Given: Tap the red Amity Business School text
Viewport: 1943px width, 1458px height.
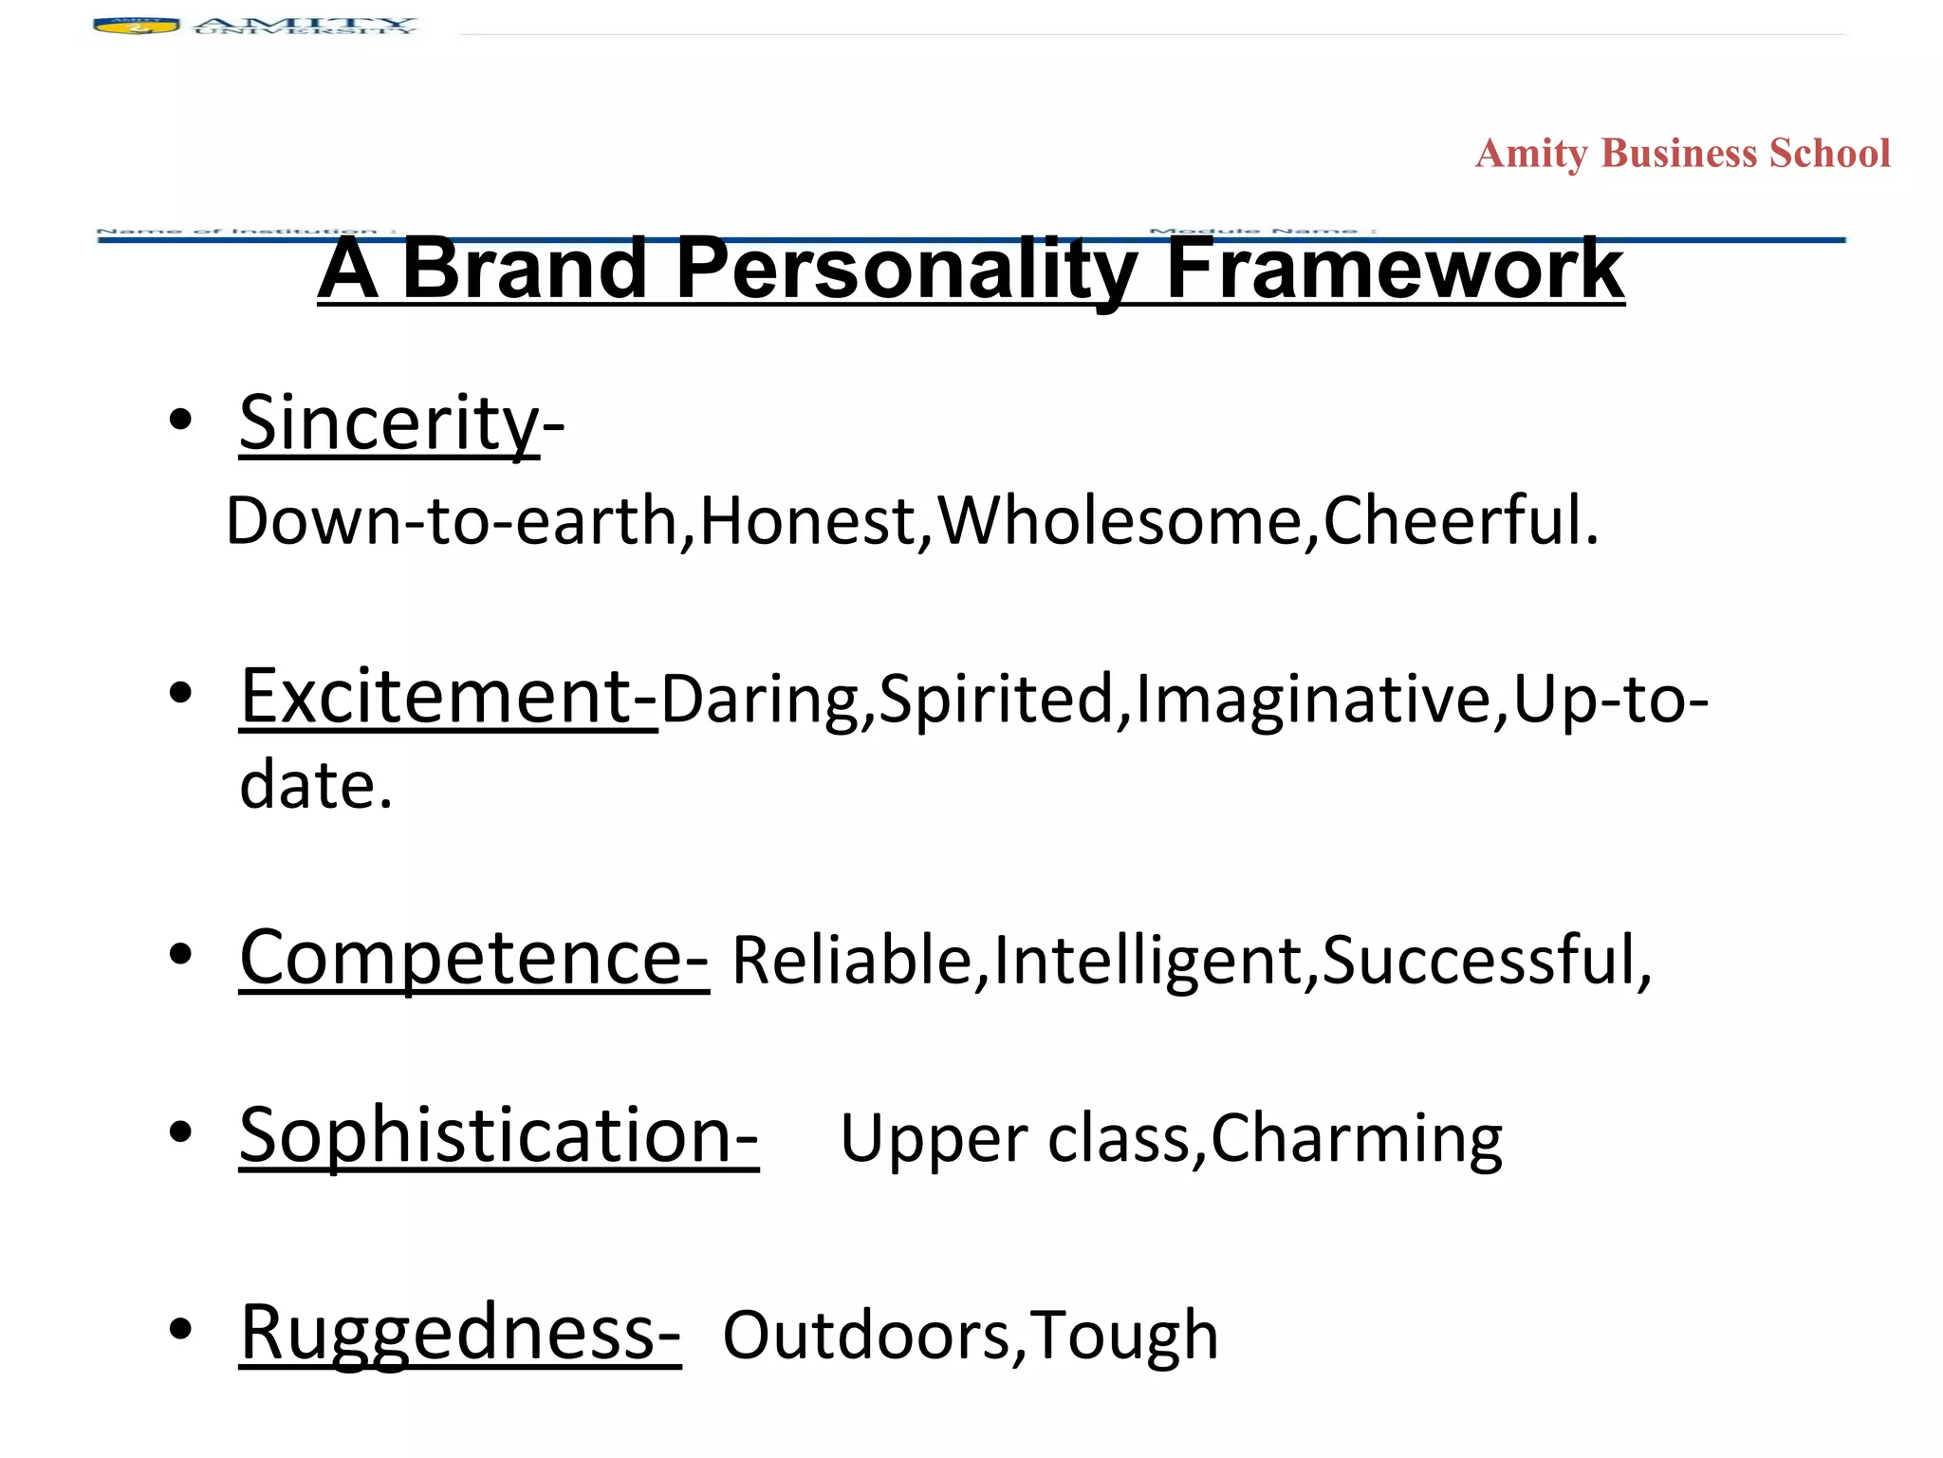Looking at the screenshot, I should (x=1682, y=154).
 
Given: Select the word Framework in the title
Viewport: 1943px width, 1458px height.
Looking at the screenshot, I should (x=1395, y=270).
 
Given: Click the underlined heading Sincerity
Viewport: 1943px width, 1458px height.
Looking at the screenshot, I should (x=389, y=423).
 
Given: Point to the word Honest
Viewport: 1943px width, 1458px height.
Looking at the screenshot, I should (x=807, y=522).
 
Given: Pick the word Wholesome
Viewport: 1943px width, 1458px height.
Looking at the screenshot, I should (x=1120, y=522).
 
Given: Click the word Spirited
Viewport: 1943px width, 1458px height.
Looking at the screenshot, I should (x=995, y=700).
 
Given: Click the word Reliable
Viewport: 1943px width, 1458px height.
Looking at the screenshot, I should (x=852, y=961).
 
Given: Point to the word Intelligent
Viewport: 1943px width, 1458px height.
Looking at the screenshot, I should (x=1147, y=961).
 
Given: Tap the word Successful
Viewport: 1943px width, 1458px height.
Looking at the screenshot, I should (x=1480, y=961).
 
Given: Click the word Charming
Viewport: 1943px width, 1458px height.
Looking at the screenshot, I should (x=1357, y=1139).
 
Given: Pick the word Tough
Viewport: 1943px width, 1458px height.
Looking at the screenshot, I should (x=1124, y=1336).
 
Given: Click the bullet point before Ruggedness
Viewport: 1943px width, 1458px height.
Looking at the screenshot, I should (x=180, y=1330).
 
